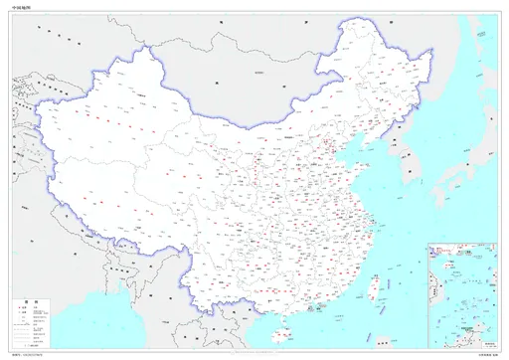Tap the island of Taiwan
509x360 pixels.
click(375, 285)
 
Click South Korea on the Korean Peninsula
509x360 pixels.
click(409, 181)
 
